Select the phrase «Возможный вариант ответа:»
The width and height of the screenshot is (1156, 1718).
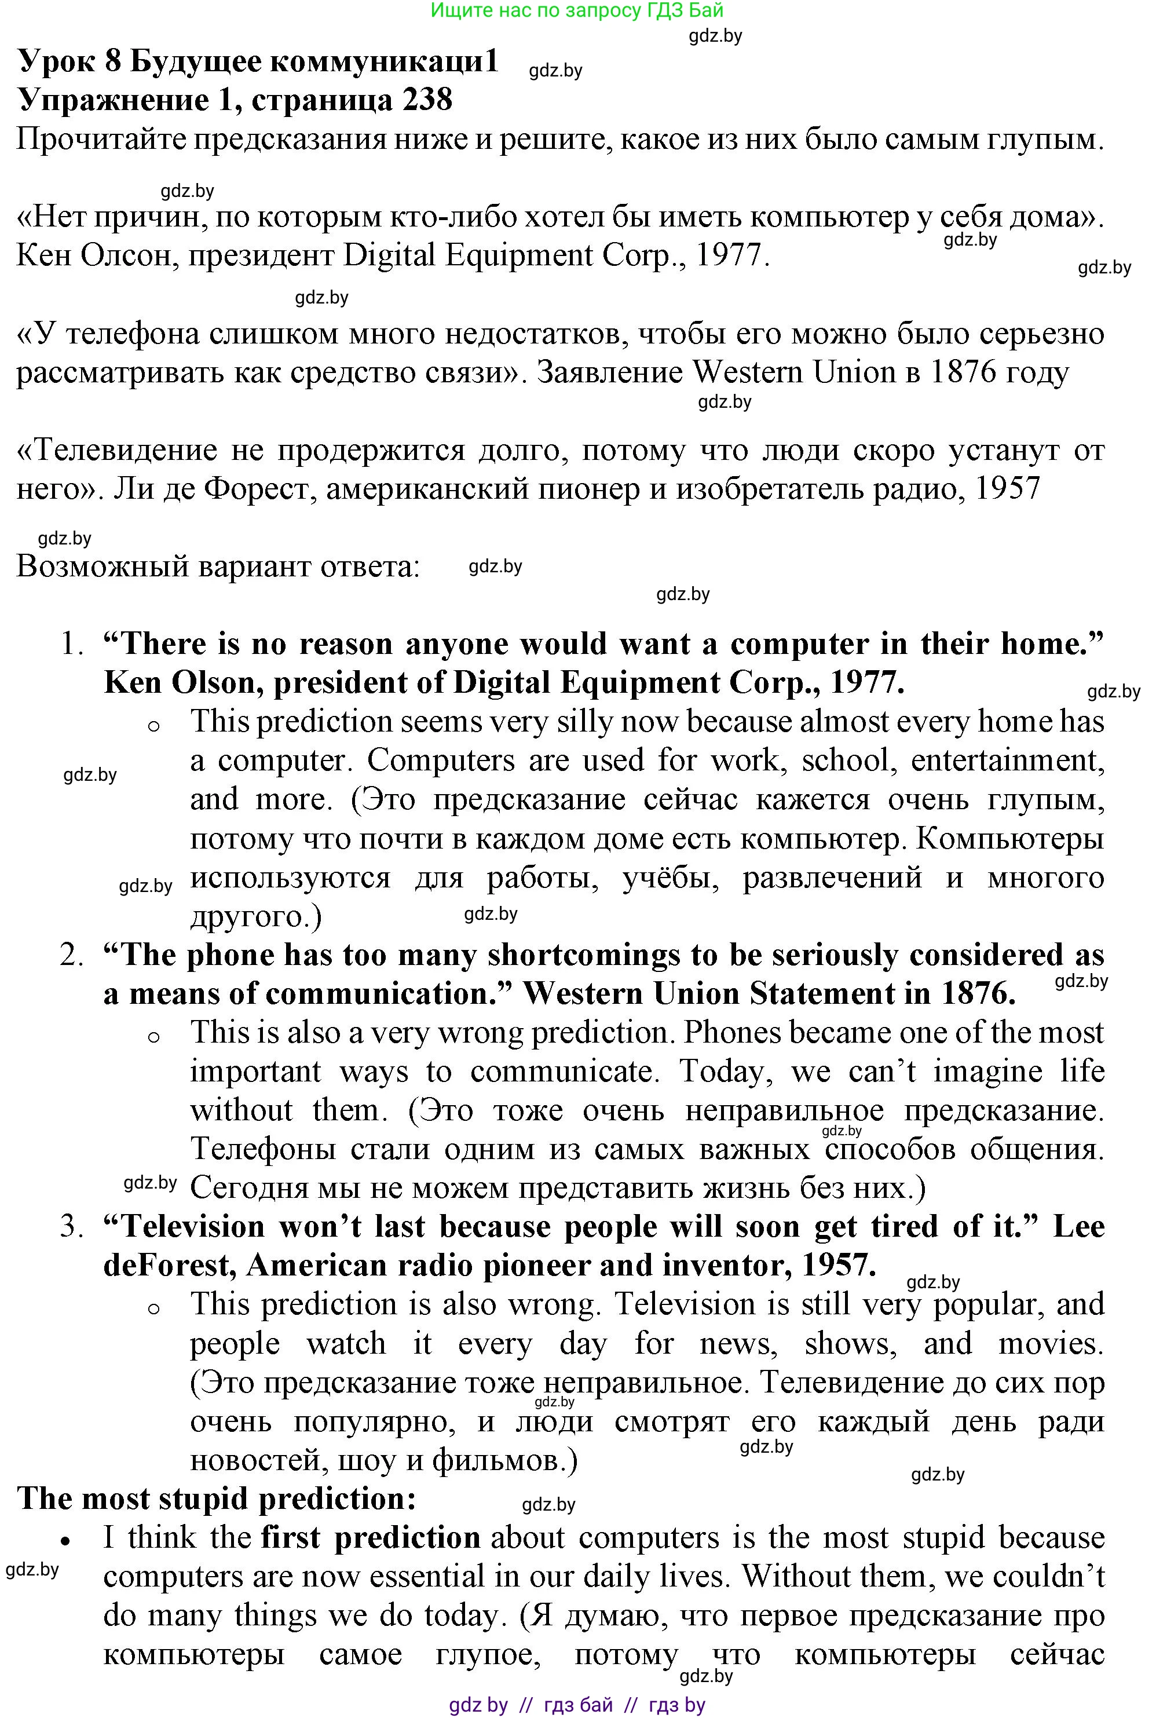tap(218, 567)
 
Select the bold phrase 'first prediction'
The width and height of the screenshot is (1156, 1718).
tap(371, 1538)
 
